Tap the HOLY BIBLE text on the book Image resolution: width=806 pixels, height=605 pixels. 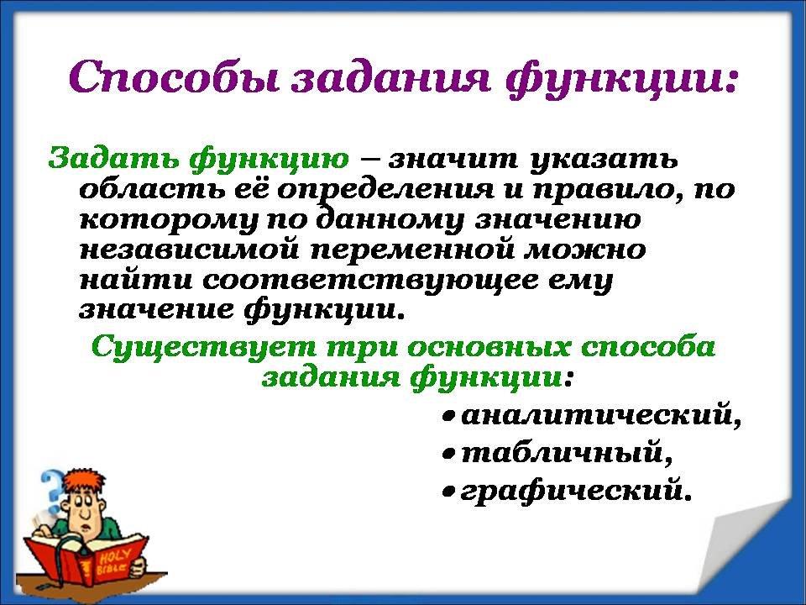pos(112,562)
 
